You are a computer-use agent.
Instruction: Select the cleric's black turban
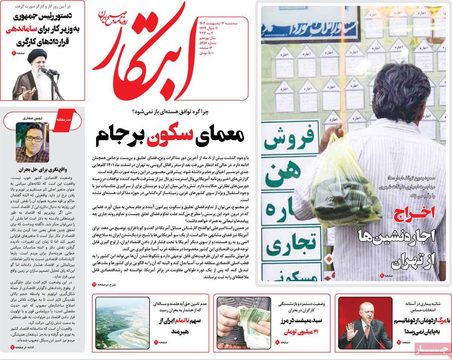pyautogui.click(x=37, y=53)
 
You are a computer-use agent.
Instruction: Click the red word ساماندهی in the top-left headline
pyautogui.click(x=21, y=30)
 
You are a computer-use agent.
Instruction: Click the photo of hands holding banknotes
pyautogui.click(x=243, y=323)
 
